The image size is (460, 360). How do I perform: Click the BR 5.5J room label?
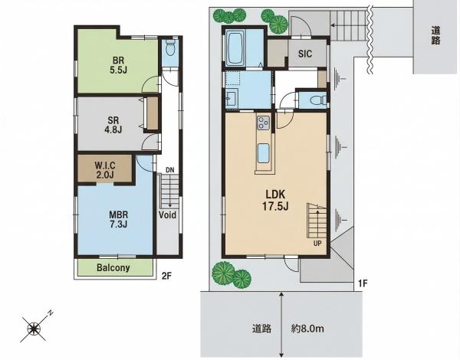[119, 65]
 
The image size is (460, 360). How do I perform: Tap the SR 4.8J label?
[113, 125]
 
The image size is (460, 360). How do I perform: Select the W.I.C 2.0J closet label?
[105, 170]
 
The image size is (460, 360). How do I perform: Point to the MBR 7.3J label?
[119, 219]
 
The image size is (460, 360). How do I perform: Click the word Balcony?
[113, 267]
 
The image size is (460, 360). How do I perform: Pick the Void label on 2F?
[167, 215]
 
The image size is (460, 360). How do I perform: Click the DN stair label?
[169, 170]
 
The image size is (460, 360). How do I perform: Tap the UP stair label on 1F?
[317, 243]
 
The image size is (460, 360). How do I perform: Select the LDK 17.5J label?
[275, 200]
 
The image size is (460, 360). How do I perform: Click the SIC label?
[305, 54]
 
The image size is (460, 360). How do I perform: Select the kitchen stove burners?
[263, 123]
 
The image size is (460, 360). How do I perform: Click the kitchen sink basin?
[263, 154]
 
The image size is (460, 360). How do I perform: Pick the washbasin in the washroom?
[232, 98]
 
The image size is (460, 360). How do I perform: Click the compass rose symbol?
[34, 328]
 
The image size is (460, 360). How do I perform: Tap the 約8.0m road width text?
[307, 329]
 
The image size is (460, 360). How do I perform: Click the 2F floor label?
[166, 277]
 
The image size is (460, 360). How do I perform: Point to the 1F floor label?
[363, 283]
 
